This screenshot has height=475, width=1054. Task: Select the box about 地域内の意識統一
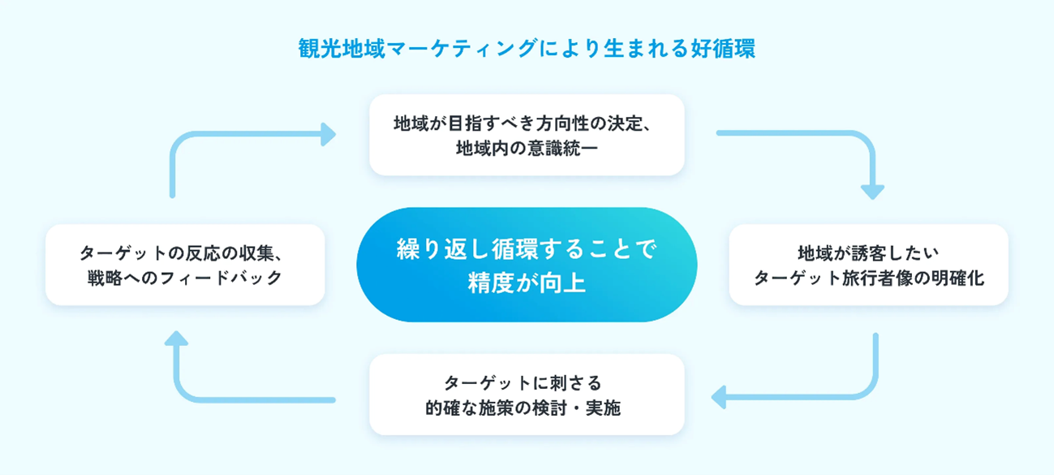(527, 135)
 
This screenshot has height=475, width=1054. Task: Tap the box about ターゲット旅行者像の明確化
(868, 265)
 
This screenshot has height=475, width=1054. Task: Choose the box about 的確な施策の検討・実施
(527, 395)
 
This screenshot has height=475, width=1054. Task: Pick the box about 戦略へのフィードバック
(185, 265)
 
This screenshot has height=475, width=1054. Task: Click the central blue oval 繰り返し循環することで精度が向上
(527, 265)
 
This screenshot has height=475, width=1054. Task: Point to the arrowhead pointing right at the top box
(328, 135)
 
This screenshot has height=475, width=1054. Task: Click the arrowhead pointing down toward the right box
(872, 192)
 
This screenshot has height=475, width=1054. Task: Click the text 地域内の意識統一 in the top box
(527, 149)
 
